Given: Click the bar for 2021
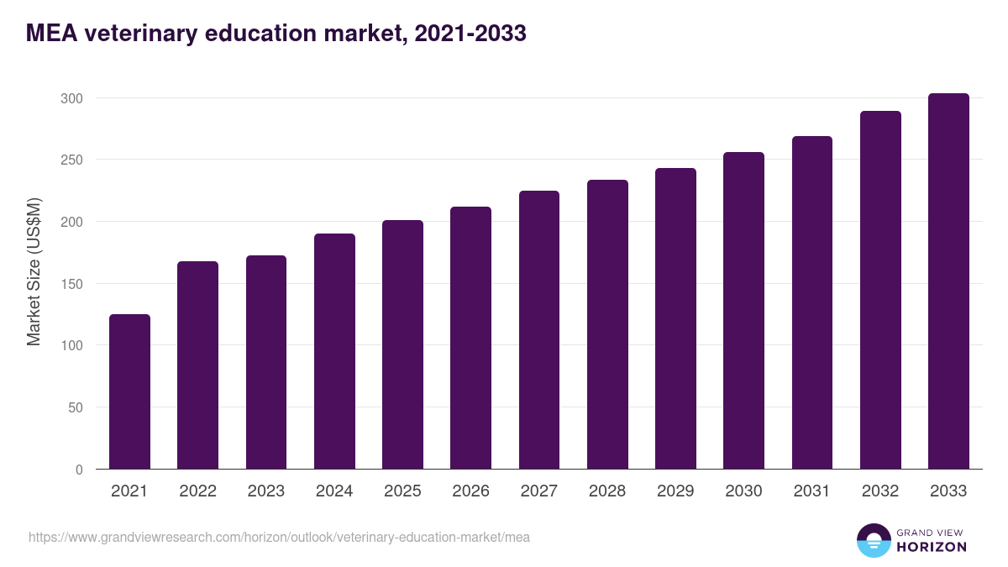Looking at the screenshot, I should pyautogui.click(x=129, y=391).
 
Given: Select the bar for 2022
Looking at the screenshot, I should pyautogui.click(x=197, y=365).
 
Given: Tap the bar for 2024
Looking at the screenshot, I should pyautogui.click(x=334, y=351).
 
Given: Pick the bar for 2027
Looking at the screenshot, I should pyautogui.click(x=539, y=330).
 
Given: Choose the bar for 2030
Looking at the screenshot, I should pyautogui.click(x=743, y=311).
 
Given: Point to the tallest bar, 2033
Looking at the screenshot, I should pyautogui.click(x=948, y=281).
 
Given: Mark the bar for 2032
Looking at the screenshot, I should pyautogui.click(x=880, y=290).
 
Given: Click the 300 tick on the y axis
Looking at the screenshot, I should pyautogui.click(x=71, y=98).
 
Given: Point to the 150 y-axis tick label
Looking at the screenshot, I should pyautogui.click(x=71, y=284).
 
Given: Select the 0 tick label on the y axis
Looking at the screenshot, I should pyautogui.click(x=79, y=470).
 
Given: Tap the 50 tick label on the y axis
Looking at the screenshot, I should pyautogui.click(x=75, y=407).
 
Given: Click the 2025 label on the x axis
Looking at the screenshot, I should pyautogui.click(x=402, y=491).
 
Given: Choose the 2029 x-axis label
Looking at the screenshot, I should pyautogui.click(x=675, y=491).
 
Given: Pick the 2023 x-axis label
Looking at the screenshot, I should pyautogui.click(x=266, y=491).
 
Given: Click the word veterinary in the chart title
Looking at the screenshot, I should pyautogui.click(x=138, y=34).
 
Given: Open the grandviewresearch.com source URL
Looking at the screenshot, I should pyautogui.click(x=279, y=537).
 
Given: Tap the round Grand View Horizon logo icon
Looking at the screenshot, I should pyautogui.click(x=874, y=540).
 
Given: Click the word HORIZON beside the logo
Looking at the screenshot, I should pyautogui.click(x=932, y=547).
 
